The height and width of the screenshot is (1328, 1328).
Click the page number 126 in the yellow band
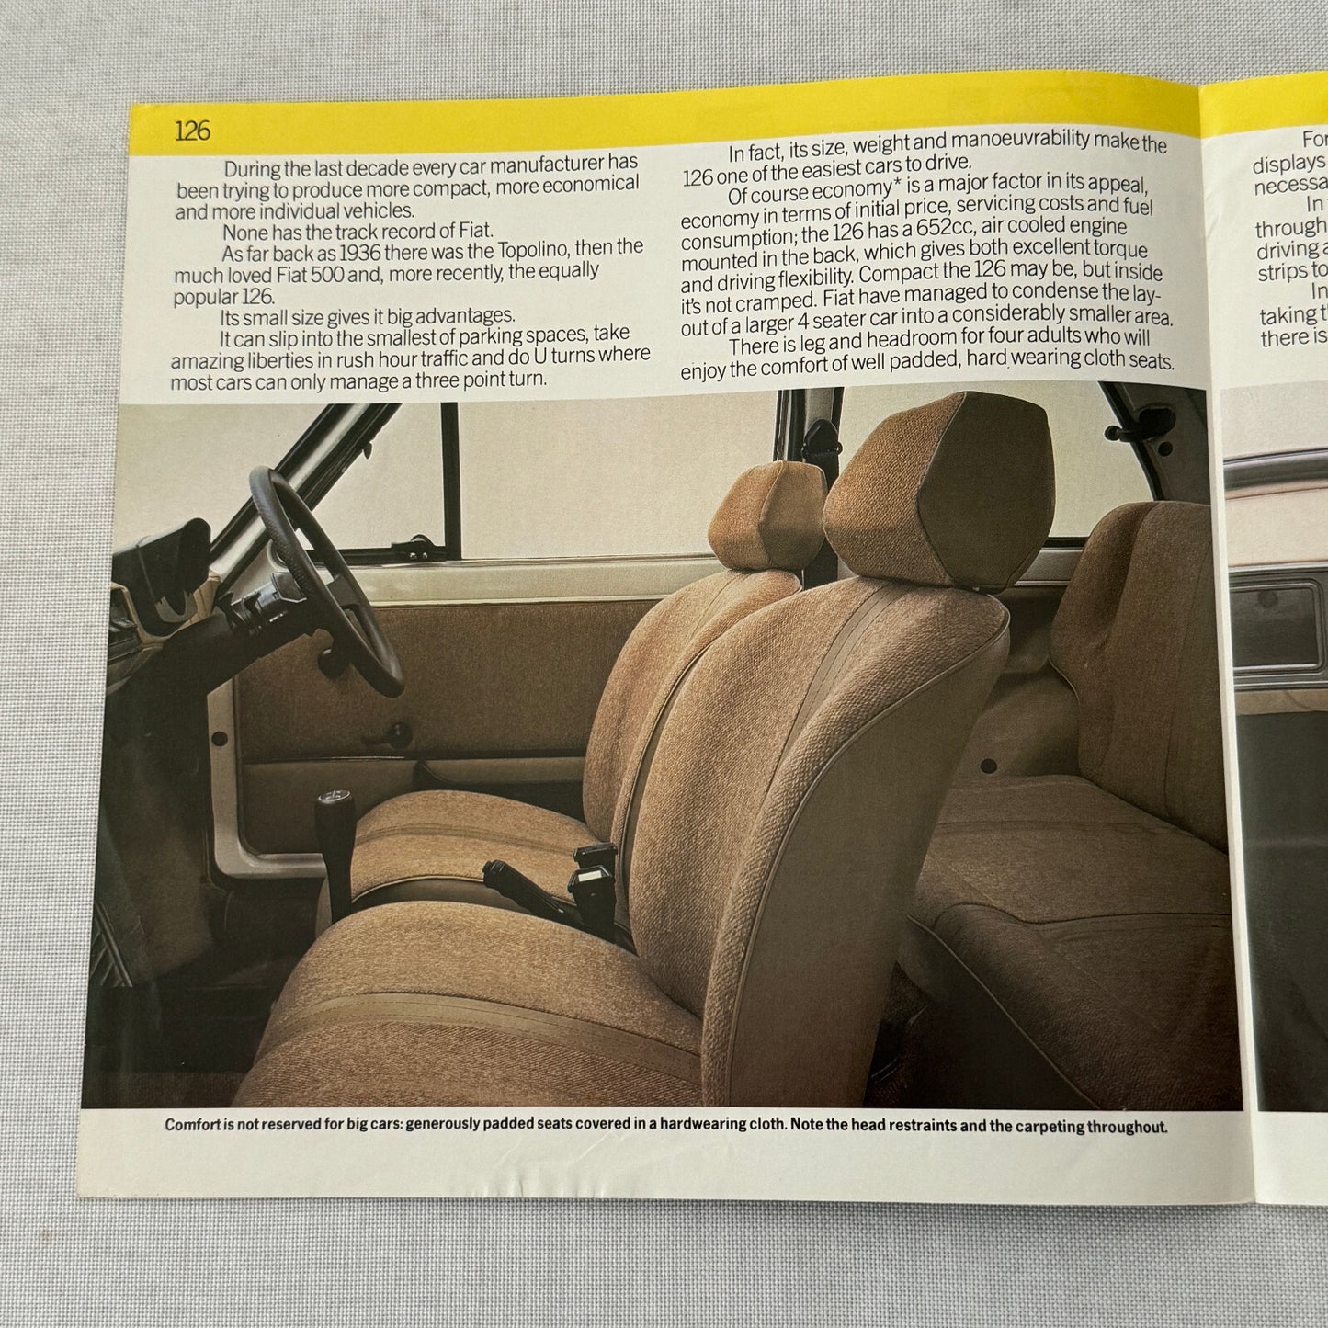coord(192,131)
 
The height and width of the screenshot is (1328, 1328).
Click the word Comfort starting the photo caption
coord(198,1125)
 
